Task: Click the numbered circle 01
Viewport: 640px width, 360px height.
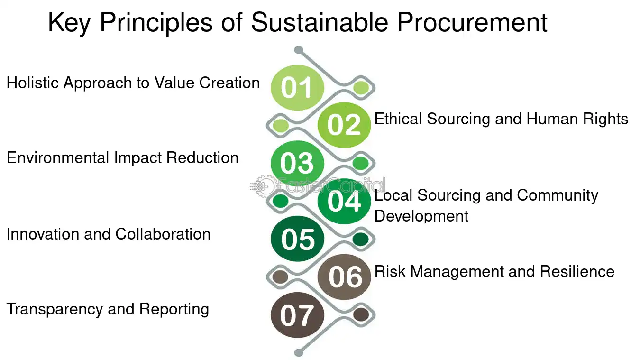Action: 297,88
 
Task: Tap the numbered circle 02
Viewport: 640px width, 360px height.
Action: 344,125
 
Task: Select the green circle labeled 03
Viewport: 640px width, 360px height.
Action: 297,163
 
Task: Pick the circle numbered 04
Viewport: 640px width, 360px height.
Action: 344,201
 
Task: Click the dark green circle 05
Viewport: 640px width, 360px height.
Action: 297,239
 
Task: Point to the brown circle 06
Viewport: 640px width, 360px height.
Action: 344,277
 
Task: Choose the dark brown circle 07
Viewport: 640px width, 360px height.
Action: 297,315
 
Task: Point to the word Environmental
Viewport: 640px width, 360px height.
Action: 58,158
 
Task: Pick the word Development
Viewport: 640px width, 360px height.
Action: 421,216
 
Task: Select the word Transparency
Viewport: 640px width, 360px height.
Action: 55,310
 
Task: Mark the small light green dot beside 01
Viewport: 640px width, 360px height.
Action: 361,88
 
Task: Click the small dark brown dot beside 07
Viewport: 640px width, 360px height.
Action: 361,314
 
